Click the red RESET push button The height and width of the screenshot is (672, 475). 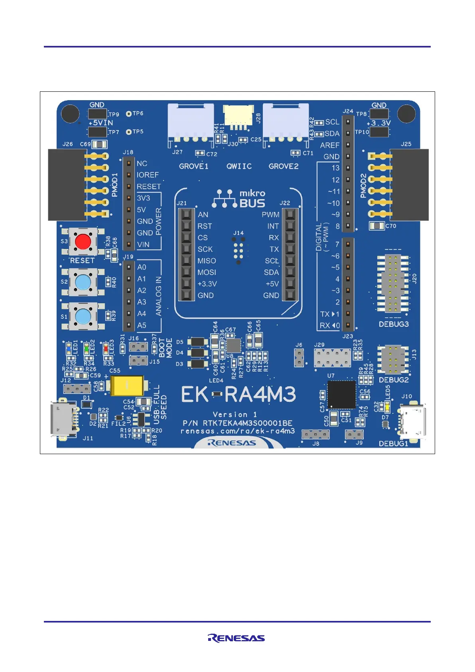(x=83, y=241)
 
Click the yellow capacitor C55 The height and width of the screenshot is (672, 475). (x=127, y=385)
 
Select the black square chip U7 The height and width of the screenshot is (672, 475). (x=341, y=394)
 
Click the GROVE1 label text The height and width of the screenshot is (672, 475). (x=193, y=166)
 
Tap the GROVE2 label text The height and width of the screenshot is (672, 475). (x=283, y=166)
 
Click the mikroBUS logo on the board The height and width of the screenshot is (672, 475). (x=239, y=198)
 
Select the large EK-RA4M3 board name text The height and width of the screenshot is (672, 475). (x=238, y=395)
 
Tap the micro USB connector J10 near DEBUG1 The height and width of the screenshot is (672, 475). (x=412, y=422)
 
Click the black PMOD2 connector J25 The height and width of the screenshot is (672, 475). (x=409, y=185)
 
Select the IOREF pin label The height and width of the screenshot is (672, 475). (x=148, y=175)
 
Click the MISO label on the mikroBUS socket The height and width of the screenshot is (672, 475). (x=207, y=261)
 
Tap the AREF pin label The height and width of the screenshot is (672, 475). (x=329, y=145)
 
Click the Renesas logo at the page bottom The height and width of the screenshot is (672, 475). (x=236, y=638)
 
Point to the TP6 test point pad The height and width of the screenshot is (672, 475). (x=129, y=114)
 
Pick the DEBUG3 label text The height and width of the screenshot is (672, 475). (x=393, y=324)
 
